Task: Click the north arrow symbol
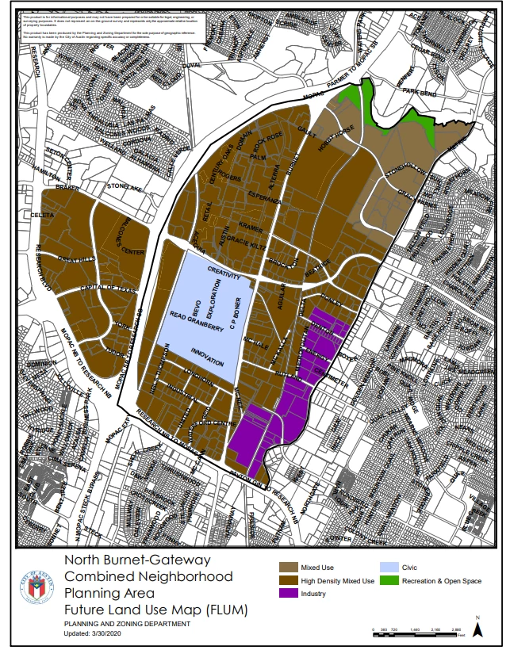tap(478, 628)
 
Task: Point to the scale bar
tap(417, 631)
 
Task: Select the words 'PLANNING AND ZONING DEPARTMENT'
tap(127, 624)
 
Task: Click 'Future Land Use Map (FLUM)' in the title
tap(155, 610)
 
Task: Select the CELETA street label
tap(41, 215)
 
